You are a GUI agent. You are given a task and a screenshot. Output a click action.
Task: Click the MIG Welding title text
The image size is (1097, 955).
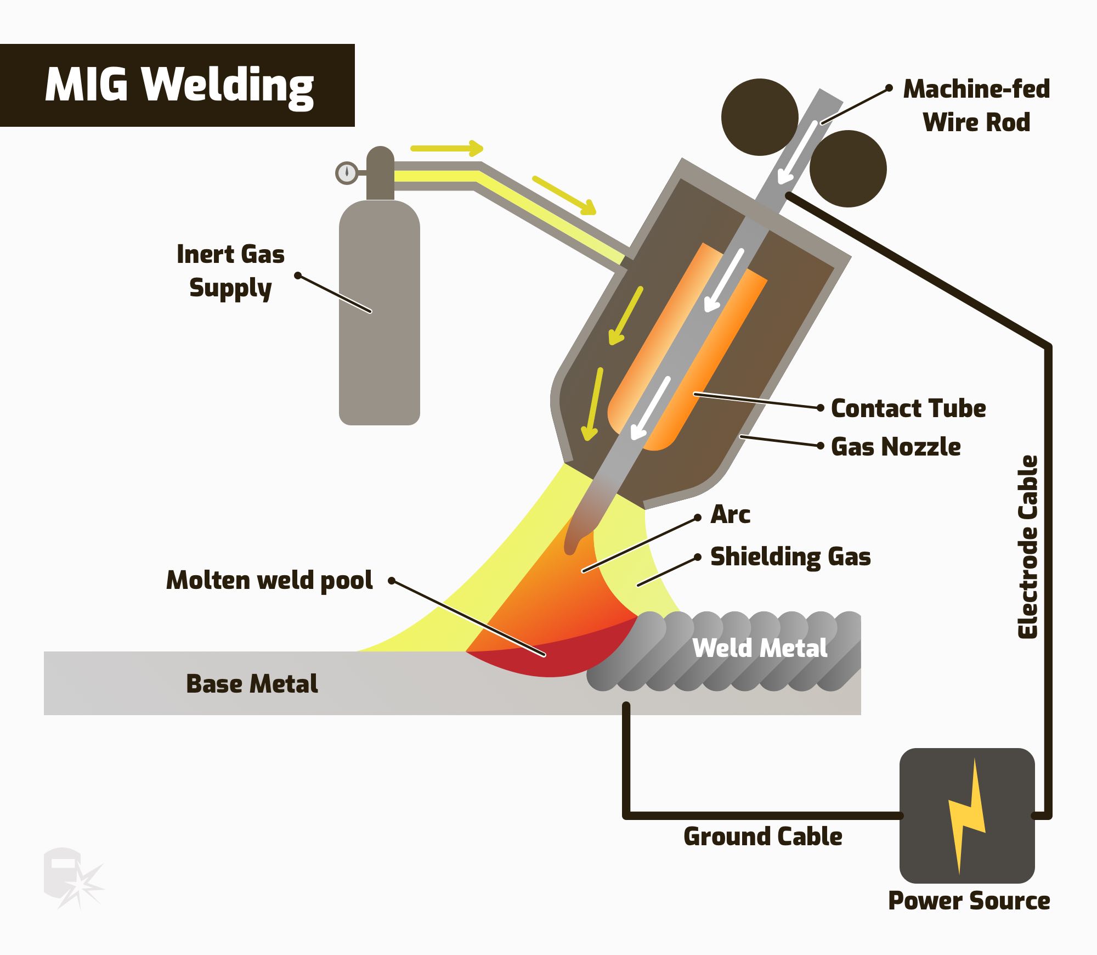point(179,86)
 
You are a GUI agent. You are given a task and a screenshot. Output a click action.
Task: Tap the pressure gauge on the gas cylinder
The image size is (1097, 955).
point(347,173)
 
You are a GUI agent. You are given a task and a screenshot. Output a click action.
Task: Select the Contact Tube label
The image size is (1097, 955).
point(908,408)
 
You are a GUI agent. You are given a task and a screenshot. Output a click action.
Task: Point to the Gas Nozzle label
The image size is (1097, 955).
point(896,447)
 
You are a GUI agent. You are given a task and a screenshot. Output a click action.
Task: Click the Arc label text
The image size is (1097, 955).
point(730,515)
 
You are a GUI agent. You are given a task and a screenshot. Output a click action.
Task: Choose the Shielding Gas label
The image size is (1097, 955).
point(790,557)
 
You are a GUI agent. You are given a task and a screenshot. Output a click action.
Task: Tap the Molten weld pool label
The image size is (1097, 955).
point(269,580)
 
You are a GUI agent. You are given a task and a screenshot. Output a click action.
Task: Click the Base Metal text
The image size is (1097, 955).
point(252,684)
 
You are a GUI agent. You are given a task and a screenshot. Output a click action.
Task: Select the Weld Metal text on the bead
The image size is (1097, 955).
point(760,648)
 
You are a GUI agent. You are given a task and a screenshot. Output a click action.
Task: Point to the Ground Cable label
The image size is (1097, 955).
point(762,836)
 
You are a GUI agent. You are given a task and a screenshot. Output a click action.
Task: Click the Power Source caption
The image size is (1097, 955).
point(969,901)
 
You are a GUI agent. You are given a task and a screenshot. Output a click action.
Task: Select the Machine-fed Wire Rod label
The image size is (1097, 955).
point(976,105)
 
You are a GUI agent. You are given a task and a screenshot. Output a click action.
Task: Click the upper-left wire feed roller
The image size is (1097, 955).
point(759,117)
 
